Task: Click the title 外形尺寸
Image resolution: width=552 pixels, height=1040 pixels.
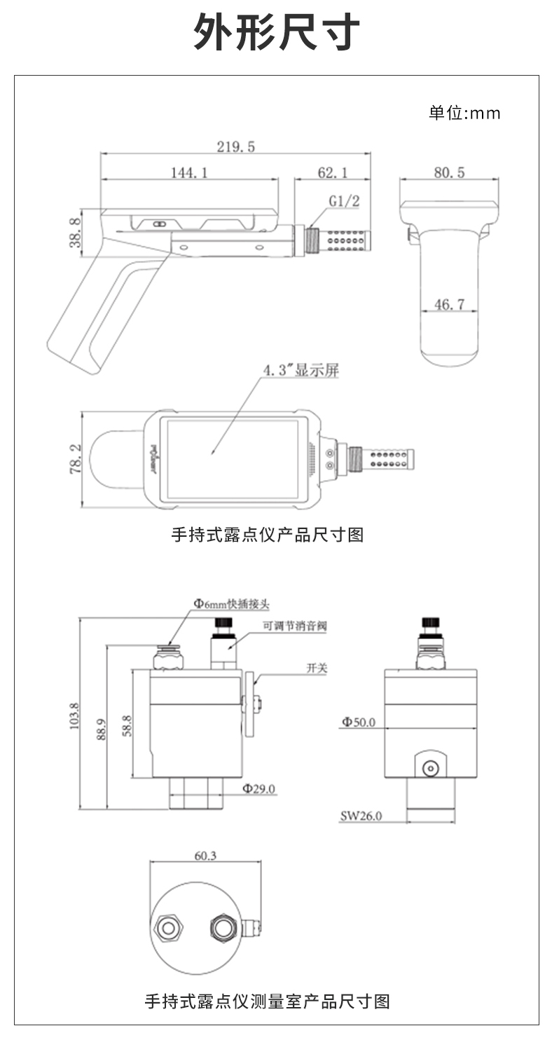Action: (276, 32)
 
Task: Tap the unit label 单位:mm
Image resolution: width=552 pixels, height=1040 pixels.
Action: (464, 113)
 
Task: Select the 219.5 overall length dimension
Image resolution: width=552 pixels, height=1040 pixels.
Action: (235, 146)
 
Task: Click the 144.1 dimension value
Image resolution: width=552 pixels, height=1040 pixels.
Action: (189, 172)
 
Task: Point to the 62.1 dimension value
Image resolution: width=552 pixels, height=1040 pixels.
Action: (333, 172)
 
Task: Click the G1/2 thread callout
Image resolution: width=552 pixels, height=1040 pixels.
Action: (344, 202)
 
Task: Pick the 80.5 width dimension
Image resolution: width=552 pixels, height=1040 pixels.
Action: (448, 172)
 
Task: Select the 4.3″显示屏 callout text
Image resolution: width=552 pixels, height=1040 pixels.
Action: (301, 370)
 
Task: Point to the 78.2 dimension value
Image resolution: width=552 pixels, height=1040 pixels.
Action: (76, 459)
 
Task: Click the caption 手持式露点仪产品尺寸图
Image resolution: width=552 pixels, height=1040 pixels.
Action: (268, 535)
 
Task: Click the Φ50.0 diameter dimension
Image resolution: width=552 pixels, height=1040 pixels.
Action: (359, 722)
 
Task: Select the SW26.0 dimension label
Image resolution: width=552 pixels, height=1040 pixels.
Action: (361, 815)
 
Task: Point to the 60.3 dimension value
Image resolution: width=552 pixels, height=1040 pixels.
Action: (205, 855)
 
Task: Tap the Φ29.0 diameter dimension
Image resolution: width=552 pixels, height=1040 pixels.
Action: (259, 788)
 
